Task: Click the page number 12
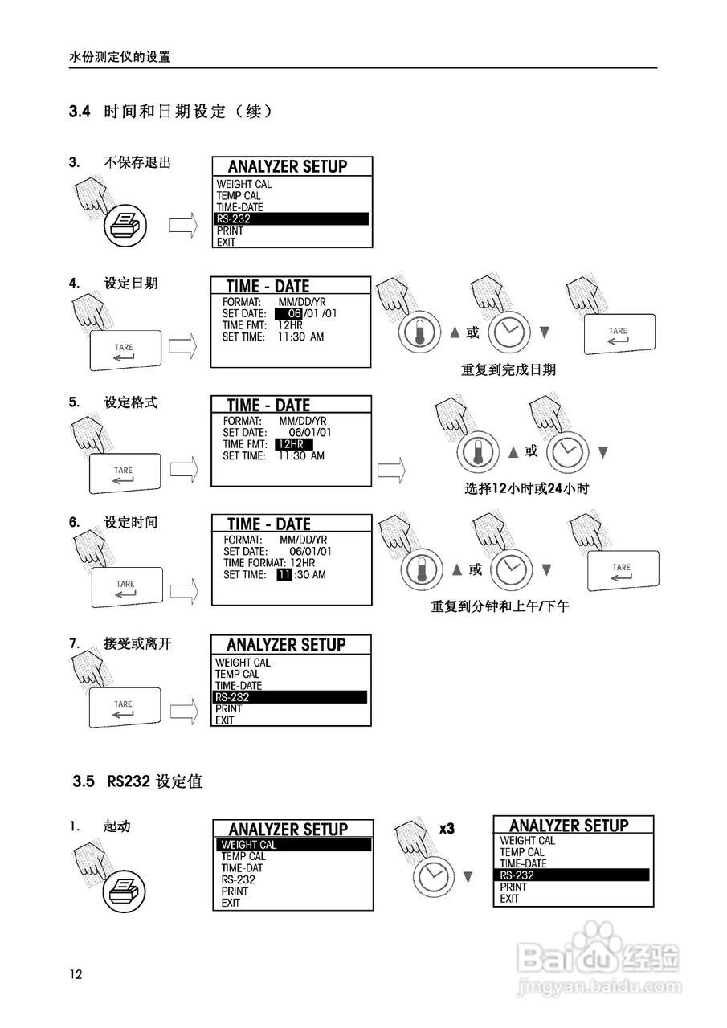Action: tap(76, 974)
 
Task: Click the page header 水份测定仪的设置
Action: tap(120, 57)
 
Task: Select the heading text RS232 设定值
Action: tap(154, 781)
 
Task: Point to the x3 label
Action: tap(447, 828)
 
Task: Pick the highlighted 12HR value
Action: tap(292, 444)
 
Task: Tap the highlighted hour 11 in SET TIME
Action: tap(284, 575)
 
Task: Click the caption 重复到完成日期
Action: tap(508, 370)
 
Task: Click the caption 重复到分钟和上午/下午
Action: tap(500, 606)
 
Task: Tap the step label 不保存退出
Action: tap(137, 162)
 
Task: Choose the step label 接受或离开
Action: tap(137, 643)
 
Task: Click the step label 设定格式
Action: tap(131, 402)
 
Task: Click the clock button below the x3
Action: tap(435, 874)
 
